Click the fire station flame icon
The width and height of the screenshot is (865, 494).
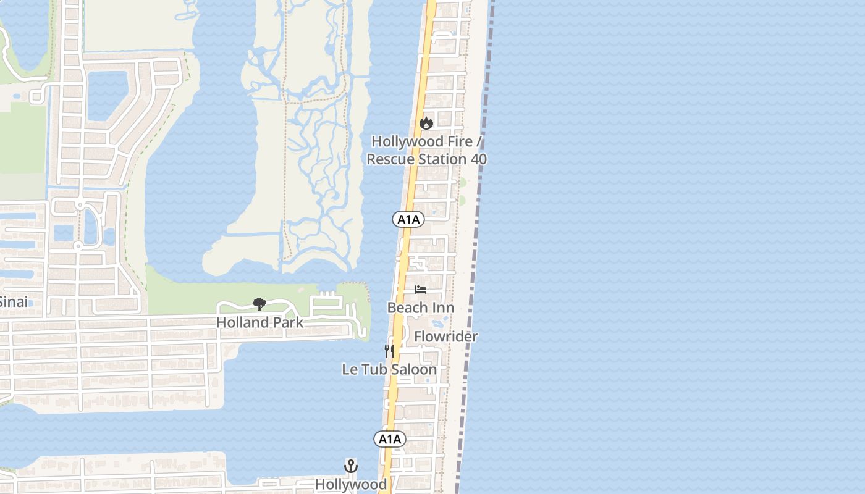point(426,124)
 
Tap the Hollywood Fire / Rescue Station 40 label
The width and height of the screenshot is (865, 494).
point(426,151)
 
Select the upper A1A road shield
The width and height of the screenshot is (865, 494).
point(408,219)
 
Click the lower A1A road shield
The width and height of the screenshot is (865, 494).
point(390,440)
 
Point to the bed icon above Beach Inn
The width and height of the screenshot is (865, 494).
point(421,290)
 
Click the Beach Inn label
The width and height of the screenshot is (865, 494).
point(420,308)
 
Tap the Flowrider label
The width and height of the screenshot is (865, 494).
point(445,337)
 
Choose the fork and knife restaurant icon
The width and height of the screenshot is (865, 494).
point(389,351)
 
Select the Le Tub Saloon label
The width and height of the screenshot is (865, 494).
point(389,370)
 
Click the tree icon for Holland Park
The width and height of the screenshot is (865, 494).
point(259,304)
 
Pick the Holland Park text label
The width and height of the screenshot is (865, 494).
point(259,322)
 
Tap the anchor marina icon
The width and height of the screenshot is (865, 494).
point(351,466)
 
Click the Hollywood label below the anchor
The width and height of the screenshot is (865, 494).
point(351,484)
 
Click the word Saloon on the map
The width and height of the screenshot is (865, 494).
point(414,370)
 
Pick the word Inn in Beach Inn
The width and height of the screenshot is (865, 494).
point(442,308)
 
